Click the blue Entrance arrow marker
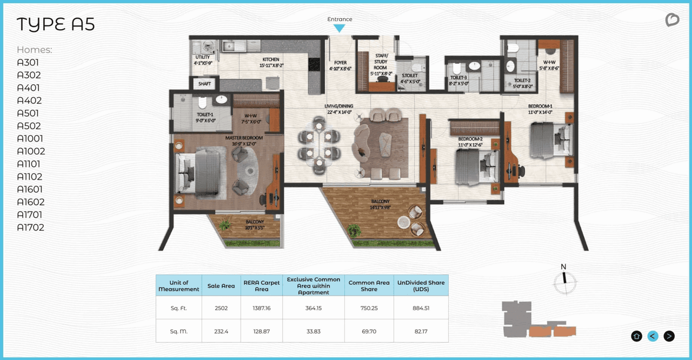(340, 28)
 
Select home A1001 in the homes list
(31, 138)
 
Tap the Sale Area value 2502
(221, 308)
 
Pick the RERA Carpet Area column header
(262, 285)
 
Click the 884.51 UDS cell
(421, 308)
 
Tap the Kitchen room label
(271, 62)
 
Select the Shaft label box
(204, 84)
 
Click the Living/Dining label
(338, 109)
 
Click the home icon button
(636, 336)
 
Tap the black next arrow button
(669, 336)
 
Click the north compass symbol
(564, 281)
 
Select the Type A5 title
(56, 25)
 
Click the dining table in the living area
(320, 144)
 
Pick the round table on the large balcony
(403, 222)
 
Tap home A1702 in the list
(30, 228)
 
